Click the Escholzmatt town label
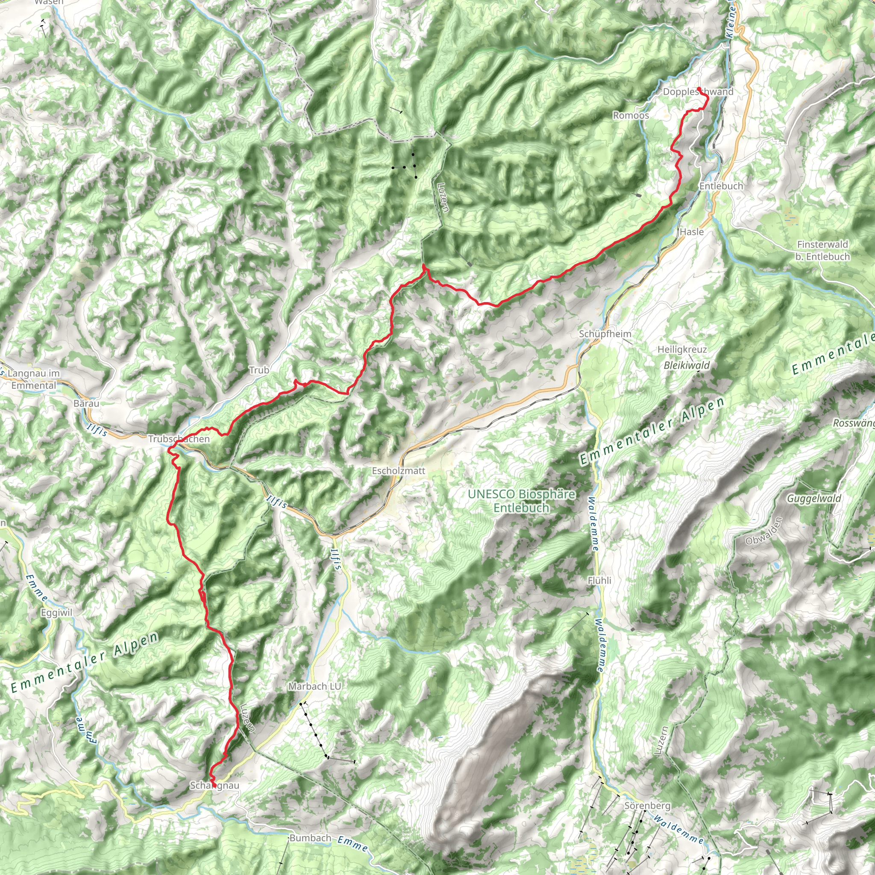[399, 471]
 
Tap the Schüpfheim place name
[605, 334]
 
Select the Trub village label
[259, 370]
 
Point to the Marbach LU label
[315, 687]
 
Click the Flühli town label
[599, 581]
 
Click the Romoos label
[631, 115]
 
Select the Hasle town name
[692, 232]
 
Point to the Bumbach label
[310, 838]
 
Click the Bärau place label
[86, 403]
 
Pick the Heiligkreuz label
[682, 349]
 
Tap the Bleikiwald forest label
[687, 365]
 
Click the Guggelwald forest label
[814, 499]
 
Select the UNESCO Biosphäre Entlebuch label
[521, 501]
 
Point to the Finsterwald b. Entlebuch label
[822, 250]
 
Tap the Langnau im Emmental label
[34, 379]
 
